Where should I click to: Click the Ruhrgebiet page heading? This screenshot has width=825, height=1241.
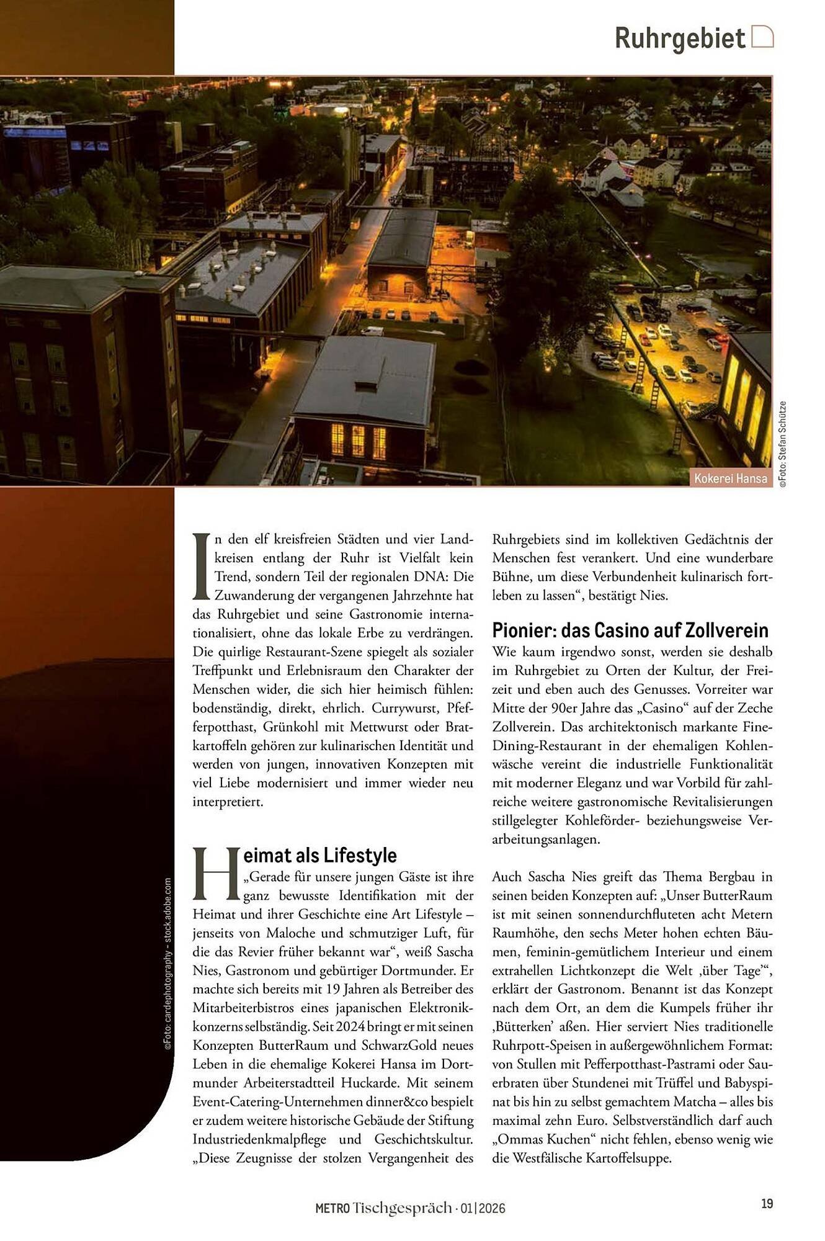pos(679,38)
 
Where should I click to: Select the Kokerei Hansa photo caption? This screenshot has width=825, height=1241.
pos(730,478)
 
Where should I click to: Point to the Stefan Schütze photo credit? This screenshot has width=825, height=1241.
pos(783,444)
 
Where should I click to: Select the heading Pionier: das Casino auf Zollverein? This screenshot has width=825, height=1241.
pos(630,630)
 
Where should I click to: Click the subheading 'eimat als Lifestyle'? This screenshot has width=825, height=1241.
pos(319,855)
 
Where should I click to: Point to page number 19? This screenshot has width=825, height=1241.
pos(767,1203)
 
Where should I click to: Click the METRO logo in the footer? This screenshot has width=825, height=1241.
pos(332,1208)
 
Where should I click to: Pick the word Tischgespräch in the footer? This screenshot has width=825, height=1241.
pos(402,1208)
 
